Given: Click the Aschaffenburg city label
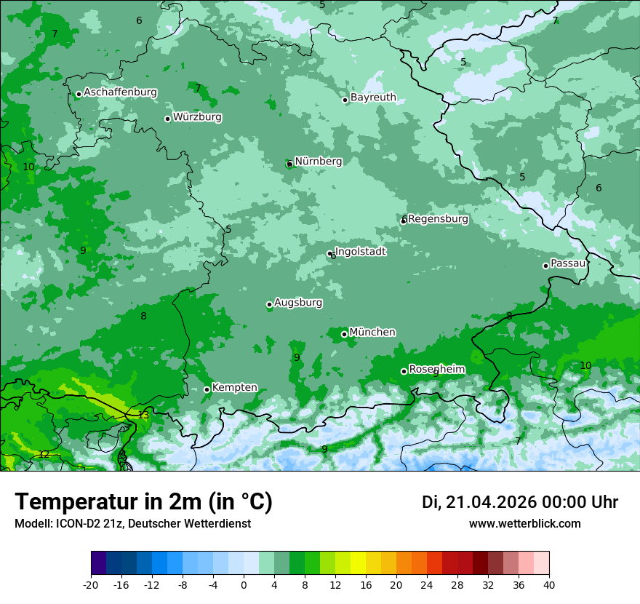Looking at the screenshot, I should [x=120, y=92].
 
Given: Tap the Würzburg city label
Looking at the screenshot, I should [x=197, y=117].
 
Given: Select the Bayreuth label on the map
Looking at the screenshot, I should [x=373, y=98].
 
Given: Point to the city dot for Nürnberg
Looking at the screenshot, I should [x=289, y=164].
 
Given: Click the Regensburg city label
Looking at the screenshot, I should [x=438, y=219].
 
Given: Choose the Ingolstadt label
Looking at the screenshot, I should [x=360, y=252].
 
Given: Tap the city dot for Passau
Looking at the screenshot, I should [x=545, y=266].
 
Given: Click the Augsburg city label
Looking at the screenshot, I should [x=298, y=303].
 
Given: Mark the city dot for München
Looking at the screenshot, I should [x=344, y=334].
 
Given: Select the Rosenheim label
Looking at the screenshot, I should [x=436, y=370].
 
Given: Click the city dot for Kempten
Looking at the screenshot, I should [x=207, y=389].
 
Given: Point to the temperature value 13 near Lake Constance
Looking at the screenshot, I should [x=143, y=416].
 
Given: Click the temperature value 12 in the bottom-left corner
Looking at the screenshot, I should [x=44, y=454].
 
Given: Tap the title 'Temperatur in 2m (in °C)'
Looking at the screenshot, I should [x=143, y=502].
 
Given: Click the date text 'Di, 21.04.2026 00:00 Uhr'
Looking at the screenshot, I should [x=519, y=502].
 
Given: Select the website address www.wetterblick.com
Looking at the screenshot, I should [x=524, y=523].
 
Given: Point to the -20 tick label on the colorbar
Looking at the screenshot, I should [x=91, y=585].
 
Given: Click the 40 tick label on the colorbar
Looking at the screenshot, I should [x=549, y=585].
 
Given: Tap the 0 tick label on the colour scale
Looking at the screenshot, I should [x=244, y=585].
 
